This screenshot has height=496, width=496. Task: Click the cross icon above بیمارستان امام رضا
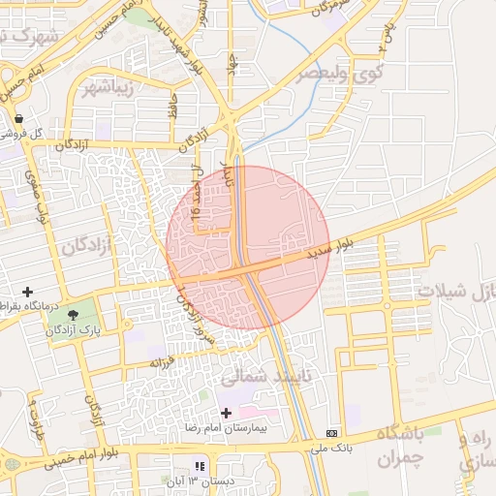pos(227,412)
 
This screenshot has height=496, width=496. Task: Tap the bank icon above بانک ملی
pos(333,432)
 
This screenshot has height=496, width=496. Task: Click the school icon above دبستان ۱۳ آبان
pos(201,466)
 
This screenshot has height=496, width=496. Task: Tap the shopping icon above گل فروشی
pos(18,118)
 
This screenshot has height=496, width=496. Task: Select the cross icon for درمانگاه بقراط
pos(27,291)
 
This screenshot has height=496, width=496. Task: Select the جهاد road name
pos(232,68)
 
